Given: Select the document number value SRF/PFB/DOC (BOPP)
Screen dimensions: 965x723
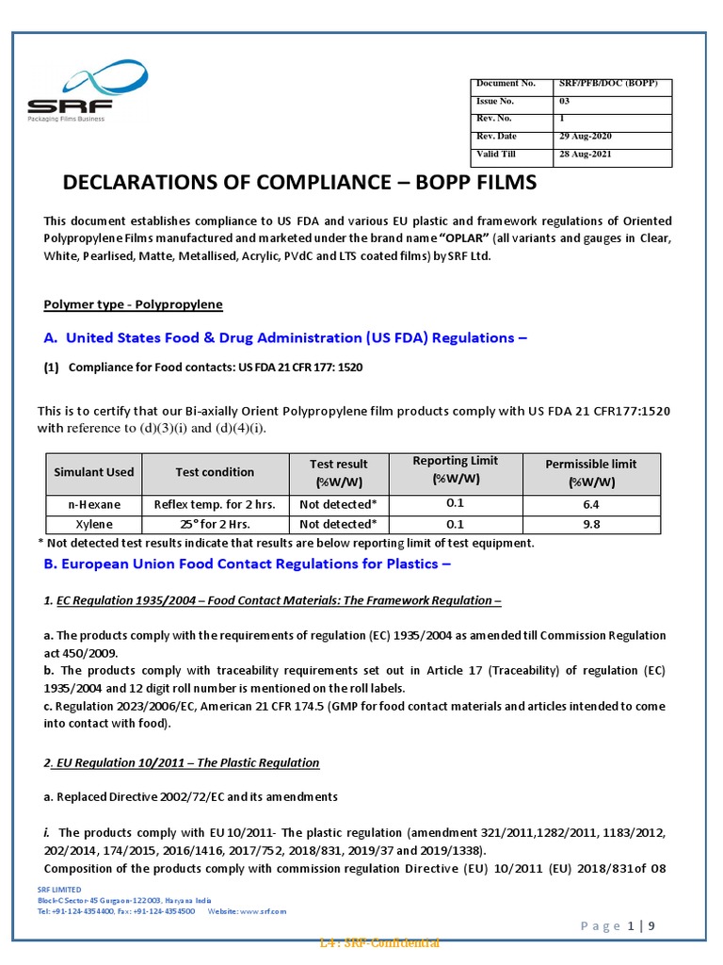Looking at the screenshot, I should pyautogui.click(x=613, y=85).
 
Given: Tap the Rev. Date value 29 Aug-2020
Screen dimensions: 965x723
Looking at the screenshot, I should pyautogui.click(x=585, y=137).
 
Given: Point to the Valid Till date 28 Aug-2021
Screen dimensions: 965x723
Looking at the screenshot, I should pyautogui.click(x=585, y=155).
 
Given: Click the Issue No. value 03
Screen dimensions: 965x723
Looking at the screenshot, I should pyautogui.click(x=565, y=102).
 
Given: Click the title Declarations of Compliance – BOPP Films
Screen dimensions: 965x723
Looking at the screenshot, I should pyautogui.click(x=299, y=182).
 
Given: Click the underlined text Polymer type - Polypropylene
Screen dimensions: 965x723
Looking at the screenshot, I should pyautogui.click(x=134, y=304).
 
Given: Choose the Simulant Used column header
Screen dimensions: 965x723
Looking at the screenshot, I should pyautogui.click(x=94, y=472).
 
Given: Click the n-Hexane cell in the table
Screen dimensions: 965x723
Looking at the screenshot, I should pyautogui.click(x=94, y=504).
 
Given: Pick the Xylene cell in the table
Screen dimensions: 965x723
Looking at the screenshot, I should pyautogui.click(x=94, y=524).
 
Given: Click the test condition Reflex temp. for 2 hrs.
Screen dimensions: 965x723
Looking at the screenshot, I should pyautogui.click(x=215, y=504).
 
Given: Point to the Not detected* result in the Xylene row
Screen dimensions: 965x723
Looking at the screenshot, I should pyautogui.click(x=338, y=524).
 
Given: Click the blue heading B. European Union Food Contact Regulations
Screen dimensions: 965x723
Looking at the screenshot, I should pyautogui.click(x=248, y=564).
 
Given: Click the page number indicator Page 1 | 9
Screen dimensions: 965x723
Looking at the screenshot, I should pyautogui.click(x=617, y=925).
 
